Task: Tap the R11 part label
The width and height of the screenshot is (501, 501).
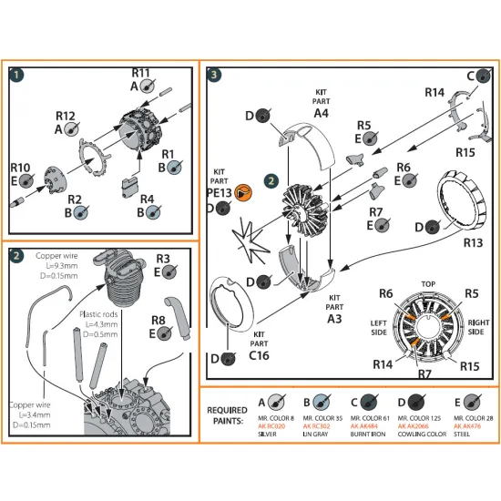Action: tap(140, 72)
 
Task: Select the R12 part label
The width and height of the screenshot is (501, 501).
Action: tap(65, 116)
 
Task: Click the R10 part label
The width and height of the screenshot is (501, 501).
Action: tap(20, 168)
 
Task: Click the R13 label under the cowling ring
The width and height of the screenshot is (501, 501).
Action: tap(447, 242)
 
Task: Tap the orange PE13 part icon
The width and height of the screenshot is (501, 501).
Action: tap(241, 191)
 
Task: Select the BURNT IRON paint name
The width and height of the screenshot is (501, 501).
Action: tap(377, 435)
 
